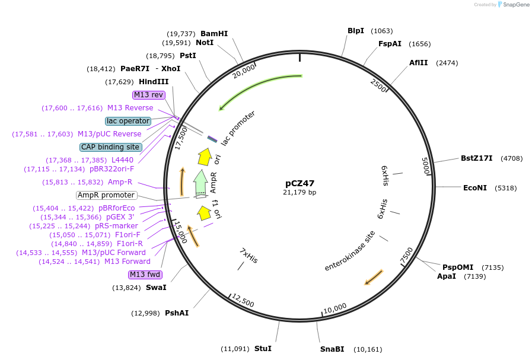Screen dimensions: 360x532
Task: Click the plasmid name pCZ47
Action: coord(300,183)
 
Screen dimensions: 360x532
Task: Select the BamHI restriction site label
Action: coord(214,34)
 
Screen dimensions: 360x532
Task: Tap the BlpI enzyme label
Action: coord(356,31)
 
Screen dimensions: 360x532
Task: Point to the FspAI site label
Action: coord(390,44)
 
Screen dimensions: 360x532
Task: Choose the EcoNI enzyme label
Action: coord(474,188)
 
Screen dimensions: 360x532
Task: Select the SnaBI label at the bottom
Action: coord(332,349)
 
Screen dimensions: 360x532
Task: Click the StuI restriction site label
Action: coord(263,348)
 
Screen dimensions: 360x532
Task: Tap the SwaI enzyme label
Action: coord(156,288)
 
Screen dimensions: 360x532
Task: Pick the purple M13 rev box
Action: coord(148,95)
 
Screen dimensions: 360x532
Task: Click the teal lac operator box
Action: coord(128,121)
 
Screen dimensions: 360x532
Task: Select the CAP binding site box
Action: coord(110,147)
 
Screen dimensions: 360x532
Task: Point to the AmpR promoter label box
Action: coord(106,195)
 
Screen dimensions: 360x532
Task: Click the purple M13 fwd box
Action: coord(145,275)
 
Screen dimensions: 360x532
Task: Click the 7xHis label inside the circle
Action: coord(249,256)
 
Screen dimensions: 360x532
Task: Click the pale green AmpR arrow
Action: coord(200,181)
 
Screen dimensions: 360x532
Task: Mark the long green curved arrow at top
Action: coord(261,85)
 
